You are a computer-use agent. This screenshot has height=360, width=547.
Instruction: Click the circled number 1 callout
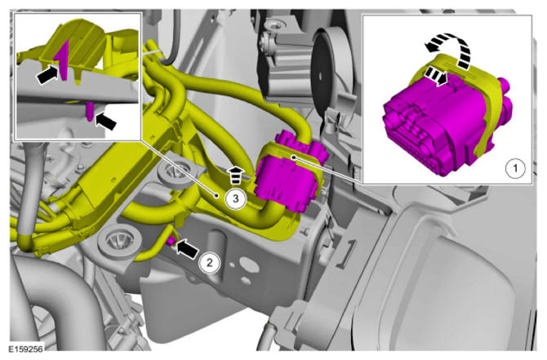(x=515, y=168)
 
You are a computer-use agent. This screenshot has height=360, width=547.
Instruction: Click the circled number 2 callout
(x=209, y=262)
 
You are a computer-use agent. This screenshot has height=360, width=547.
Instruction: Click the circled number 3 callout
(x=235, y=199)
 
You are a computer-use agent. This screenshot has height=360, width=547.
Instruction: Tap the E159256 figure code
(x=26, y=349)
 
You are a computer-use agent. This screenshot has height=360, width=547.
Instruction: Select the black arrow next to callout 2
(x=187, y=250)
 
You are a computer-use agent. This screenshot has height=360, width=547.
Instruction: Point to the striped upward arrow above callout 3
(x=235, y=175)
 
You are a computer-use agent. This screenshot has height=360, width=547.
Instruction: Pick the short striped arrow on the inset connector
(x=436, y=76)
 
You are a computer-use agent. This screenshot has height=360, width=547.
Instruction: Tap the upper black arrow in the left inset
(x=48, y=73)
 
